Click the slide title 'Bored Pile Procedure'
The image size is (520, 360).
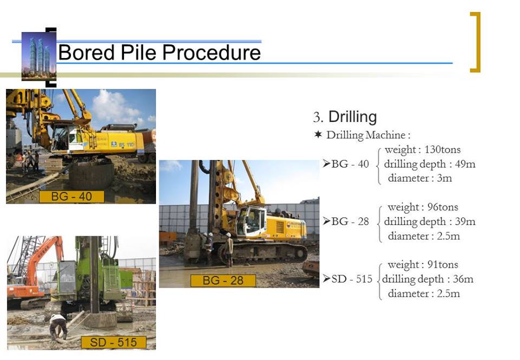coord(159,53)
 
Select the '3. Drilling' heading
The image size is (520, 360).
coord(344,117)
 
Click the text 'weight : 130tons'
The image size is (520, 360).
coord(422,149)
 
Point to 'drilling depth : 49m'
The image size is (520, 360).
coord(430,164)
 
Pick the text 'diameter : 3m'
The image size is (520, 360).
coord(420,178)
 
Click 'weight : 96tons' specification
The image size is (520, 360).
coord(422,207)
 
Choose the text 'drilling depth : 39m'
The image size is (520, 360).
coord(430,221)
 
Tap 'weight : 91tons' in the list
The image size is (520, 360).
coord(422,265)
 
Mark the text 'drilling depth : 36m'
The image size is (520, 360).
coord(427,279)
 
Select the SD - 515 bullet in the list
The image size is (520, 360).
coord(348,279)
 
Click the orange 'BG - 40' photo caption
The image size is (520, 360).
coord(71,197)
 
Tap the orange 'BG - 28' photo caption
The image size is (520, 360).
coord(223,281)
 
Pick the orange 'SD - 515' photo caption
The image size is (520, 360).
coord(113,343)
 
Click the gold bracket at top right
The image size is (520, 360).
coord(475,42)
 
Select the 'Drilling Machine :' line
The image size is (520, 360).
coord(362,134)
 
